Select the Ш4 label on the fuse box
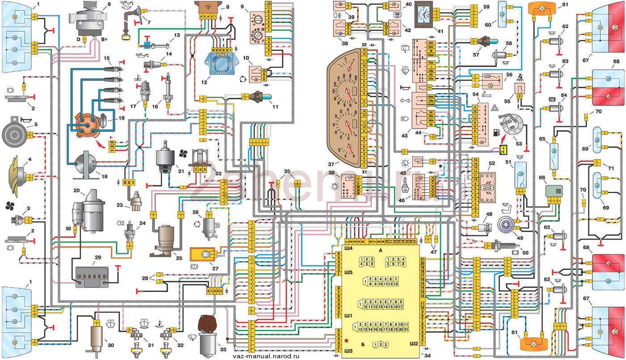tap(347, 247)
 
